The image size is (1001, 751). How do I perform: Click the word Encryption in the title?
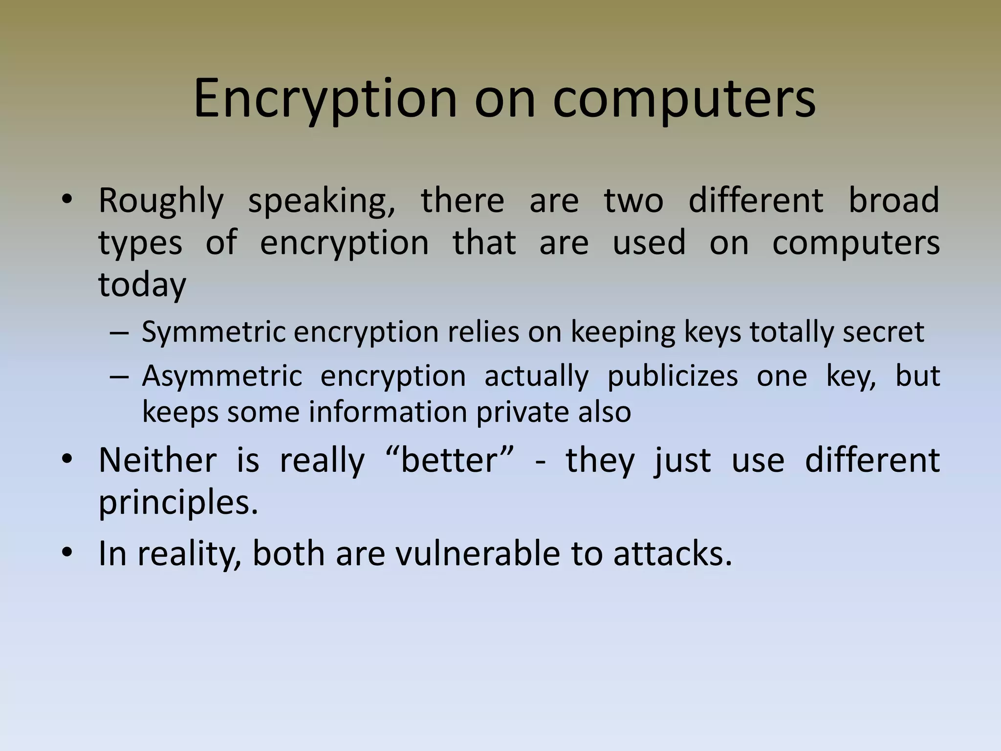[325, 99]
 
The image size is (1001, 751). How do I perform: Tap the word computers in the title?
[684, 99]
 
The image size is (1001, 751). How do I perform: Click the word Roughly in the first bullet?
[161, 201]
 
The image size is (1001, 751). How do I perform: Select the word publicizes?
[673, 376]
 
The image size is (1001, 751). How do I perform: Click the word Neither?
[157, 461]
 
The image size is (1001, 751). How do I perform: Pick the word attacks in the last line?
[673, 554]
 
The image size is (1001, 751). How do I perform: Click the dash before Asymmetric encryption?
[119, 377]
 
